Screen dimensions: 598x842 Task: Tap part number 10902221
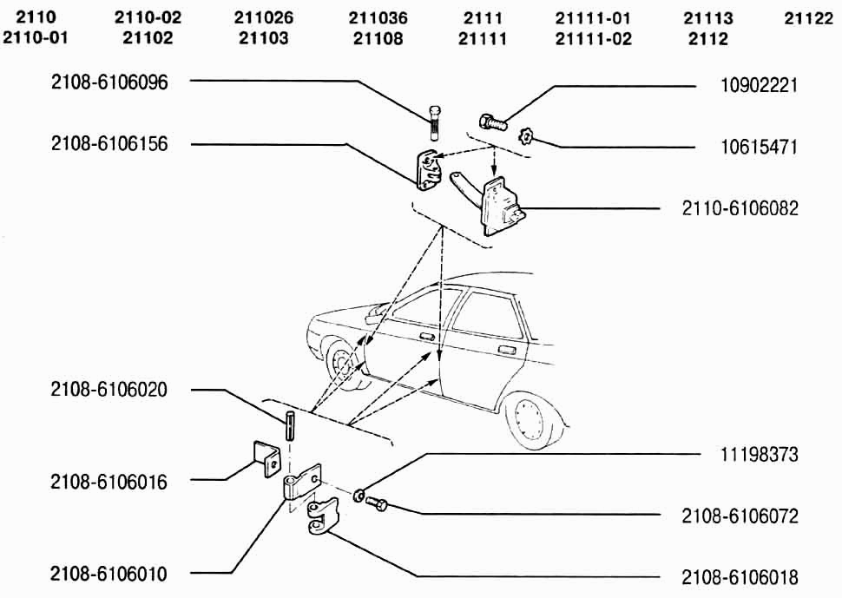coord(760,86)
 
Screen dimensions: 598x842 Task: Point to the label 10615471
coord(760,147)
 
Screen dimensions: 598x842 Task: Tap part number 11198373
coord(760,454)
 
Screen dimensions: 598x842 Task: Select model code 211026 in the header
coord(264,18)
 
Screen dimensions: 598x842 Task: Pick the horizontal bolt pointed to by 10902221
coord(492,122)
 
